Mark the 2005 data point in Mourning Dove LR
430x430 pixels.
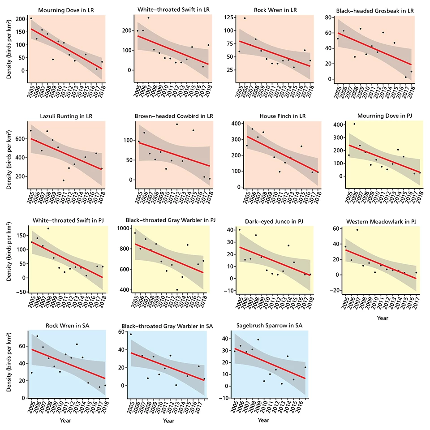[31, 18]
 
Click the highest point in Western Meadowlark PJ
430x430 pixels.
[357, 230]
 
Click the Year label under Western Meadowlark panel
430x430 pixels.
[382, 318]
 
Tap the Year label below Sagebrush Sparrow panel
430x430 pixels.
[263, 420]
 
